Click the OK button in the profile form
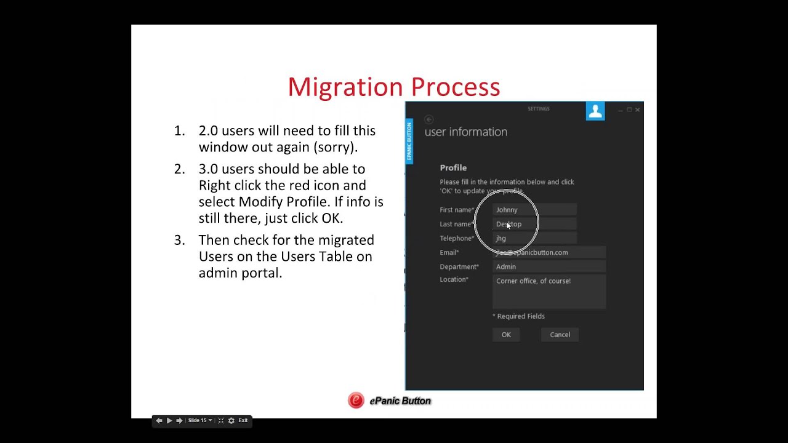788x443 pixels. [x=506, y=335]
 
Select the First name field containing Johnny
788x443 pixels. [x=534, y=210]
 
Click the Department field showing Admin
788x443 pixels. [x=549, y=266]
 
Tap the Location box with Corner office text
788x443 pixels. [x=549, y=292]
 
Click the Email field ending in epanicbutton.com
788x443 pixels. [x=549, y=252]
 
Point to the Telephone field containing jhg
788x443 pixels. [x=534, y=238]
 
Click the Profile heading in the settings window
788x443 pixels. [x=453, y=167]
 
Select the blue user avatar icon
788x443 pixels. [x=595, y=111]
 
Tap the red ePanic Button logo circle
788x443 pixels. [x=356, y=401]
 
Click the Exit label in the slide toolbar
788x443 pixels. [x=243, y=420]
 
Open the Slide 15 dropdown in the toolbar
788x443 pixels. [x=200, y=420]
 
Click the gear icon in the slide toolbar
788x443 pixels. [x=231, y=420]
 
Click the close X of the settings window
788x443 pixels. [x=637, y=110]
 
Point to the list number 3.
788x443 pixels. [x=179, y=240]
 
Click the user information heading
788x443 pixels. [x=466, y=132]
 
